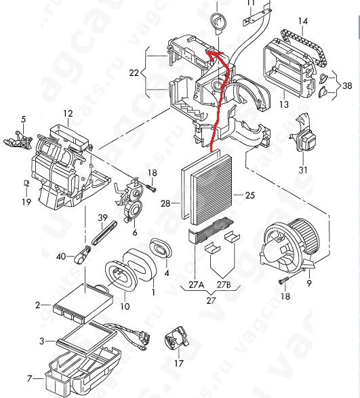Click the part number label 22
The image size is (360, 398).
pos(134,73)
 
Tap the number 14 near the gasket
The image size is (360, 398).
pos(303,21)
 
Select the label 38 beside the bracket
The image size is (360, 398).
pos(347,85)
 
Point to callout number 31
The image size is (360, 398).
pos(302,170)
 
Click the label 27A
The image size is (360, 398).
pos(197,285)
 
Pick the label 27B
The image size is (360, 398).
pos(224,285)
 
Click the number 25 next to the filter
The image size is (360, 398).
pos(249,195)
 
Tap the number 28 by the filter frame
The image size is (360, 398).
pos(165,203)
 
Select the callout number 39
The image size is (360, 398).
pos(102,218)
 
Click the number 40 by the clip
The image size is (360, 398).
pos(61,256)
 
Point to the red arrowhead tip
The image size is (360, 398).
pos(206,52)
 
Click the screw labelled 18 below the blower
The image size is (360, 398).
pos(283,280)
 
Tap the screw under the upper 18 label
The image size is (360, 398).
pos(151,188)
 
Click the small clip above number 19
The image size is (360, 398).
pos(26,183)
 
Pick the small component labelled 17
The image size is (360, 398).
pos(177,337)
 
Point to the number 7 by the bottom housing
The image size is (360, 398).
pos(30,378)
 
